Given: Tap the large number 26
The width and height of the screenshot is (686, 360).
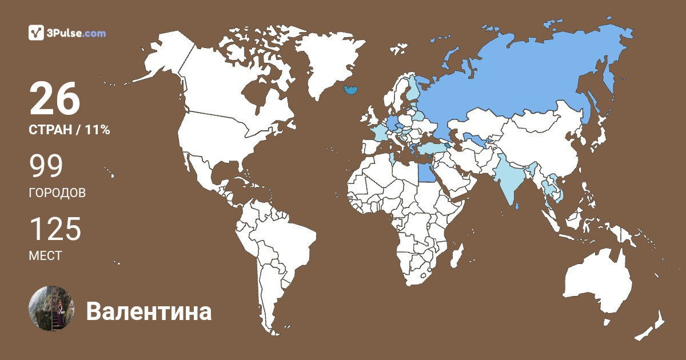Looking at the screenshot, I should tap(55, 99).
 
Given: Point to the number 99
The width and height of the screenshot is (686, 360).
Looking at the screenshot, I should tap(46, 166).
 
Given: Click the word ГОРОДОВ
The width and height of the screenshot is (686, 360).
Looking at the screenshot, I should tap(57, 193).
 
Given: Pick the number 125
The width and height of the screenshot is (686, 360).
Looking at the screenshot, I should tap(55, 229).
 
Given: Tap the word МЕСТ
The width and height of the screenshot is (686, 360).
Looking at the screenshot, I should tap(45, 255).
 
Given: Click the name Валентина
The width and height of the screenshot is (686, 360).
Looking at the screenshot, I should tap(149, 312).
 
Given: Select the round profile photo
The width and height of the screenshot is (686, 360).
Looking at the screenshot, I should tap(51, 309).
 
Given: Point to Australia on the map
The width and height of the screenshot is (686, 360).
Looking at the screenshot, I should tap(597, 286).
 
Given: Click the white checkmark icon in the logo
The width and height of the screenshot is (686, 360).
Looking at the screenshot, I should tap(37, 33).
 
